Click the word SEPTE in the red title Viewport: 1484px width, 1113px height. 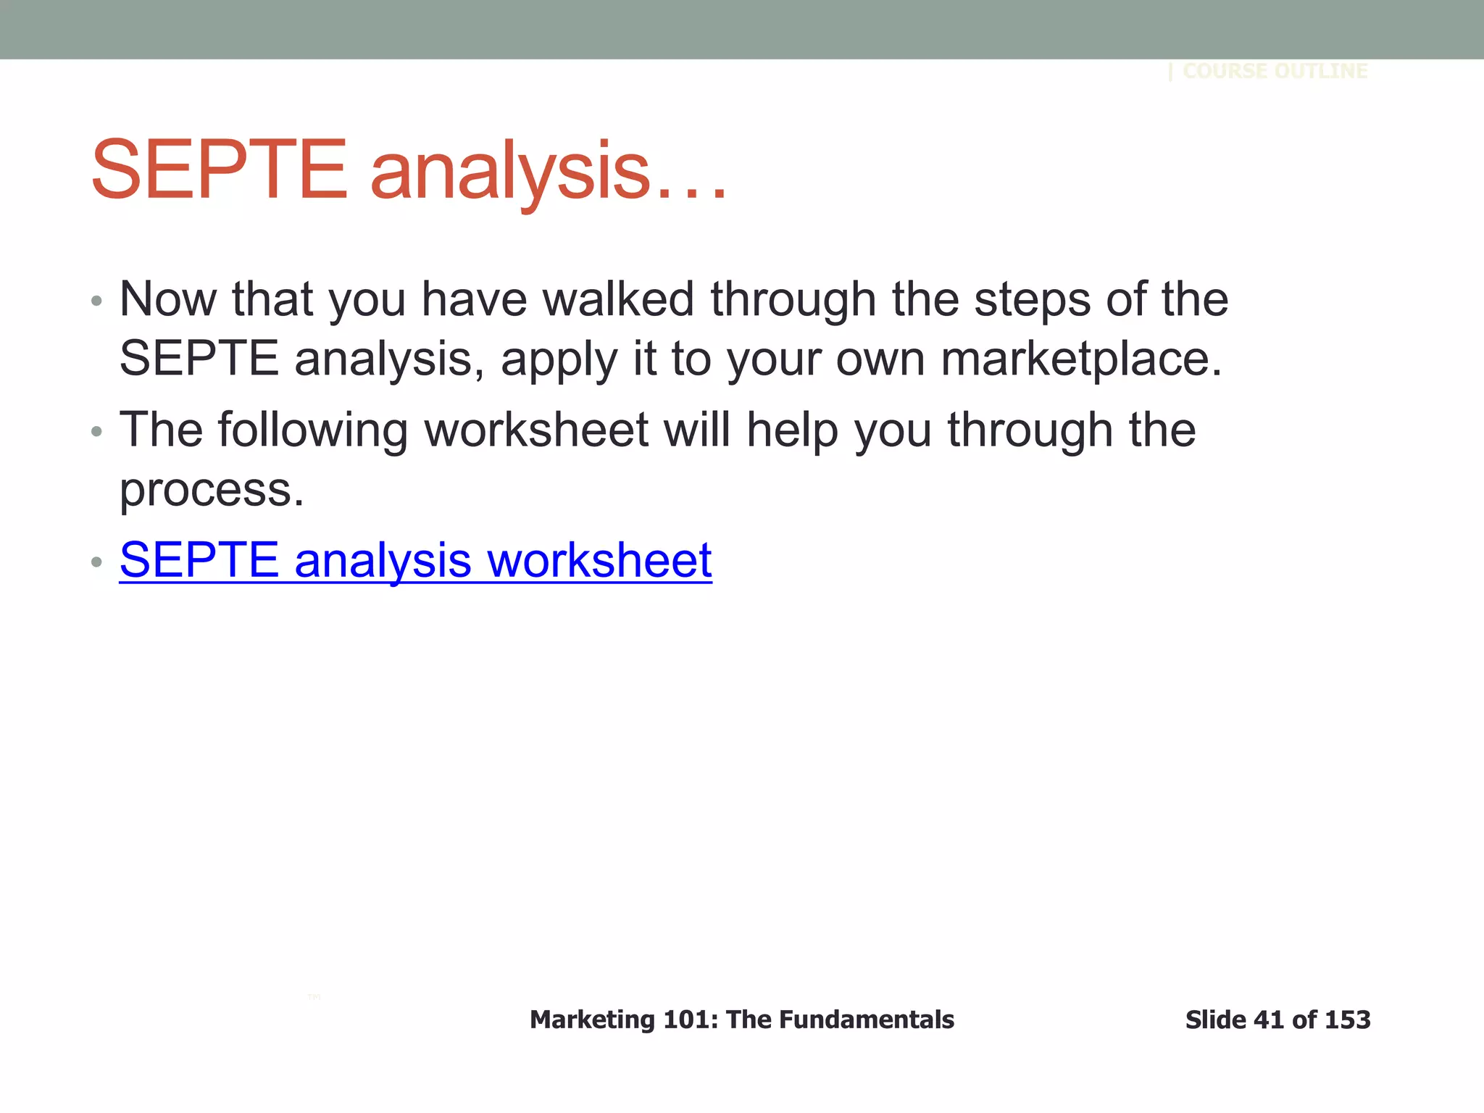click(x=220, y=171)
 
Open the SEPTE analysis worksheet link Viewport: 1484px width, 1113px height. click(x=415, y=560)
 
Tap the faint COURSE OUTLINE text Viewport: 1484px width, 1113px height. click(x=1275, y=71)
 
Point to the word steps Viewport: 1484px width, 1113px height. click(x=1032, y=300)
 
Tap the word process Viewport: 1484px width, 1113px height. click(x=212, y=491)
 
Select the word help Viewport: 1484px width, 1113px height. click(x=793, y=430)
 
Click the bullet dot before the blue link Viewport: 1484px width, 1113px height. click(x=97, y=562)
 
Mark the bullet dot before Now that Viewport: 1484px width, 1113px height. click(x=97, y=301)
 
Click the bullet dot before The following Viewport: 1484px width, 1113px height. click(x=97, y=432)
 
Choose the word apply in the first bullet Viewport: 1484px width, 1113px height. click(x=559, y=360)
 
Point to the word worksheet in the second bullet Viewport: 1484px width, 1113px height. click(x=536, y=430)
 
